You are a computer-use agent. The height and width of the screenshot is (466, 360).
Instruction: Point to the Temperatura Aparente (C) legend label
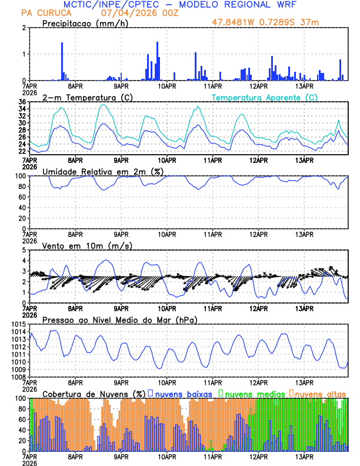coord(265,97)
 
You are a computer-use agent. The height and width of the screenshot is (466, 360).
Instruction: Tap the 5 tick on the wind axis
coord(25,251)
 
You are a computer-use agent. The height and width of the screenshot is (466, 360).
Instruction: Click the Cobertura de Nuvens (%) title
coord(94,394)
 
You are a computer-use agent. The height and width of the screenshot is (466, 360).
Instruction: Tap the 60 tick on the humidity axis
coord(22,198)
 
